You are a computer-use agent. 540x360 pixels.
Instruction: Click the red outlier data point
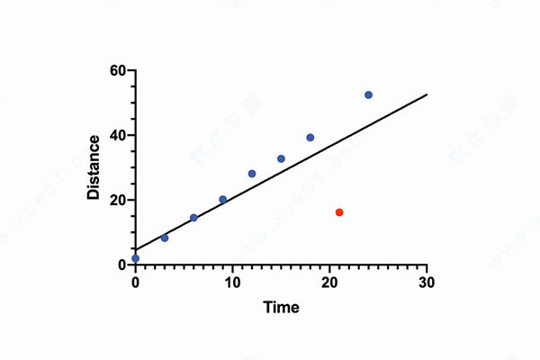point(339,212)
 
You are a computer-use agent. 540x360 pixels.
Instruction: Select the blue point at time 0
point(135,258)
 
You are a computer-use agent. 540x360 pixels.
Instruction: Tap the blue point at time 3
point(165,238)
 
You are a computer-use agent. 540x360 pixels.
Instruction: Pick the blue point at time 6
point(193,218)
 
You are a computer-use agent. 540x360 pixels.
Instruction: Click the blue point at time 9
point(223,199)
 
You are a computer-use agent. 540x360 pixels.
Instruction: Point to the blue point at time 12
point(252,174)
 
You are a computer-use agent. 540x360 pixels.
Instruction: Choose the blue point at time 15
point(281,158)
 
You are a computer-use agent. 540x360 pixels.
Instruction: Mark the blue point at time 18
point(310,138)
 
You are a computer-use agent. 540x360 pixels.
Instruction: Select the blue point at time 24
point(368,94)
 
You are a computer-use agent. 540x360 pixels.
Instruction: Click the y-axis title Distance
point(94,167)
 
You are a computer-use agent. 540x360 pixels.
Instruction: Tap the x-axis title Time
point(281,307)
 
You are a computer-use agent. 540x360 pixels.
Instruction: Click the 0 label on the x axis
point(135,282)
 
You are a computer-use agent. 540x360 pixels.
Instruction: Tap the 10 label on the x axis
point(232,282)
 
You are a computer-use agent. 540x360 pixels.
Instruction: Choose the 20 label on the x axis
point(329,282)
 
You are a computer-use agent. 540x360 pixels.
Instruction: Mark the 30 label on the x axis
point(427,282)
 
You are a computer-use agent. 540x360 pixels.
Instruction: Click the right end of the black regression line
point(427,94)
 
